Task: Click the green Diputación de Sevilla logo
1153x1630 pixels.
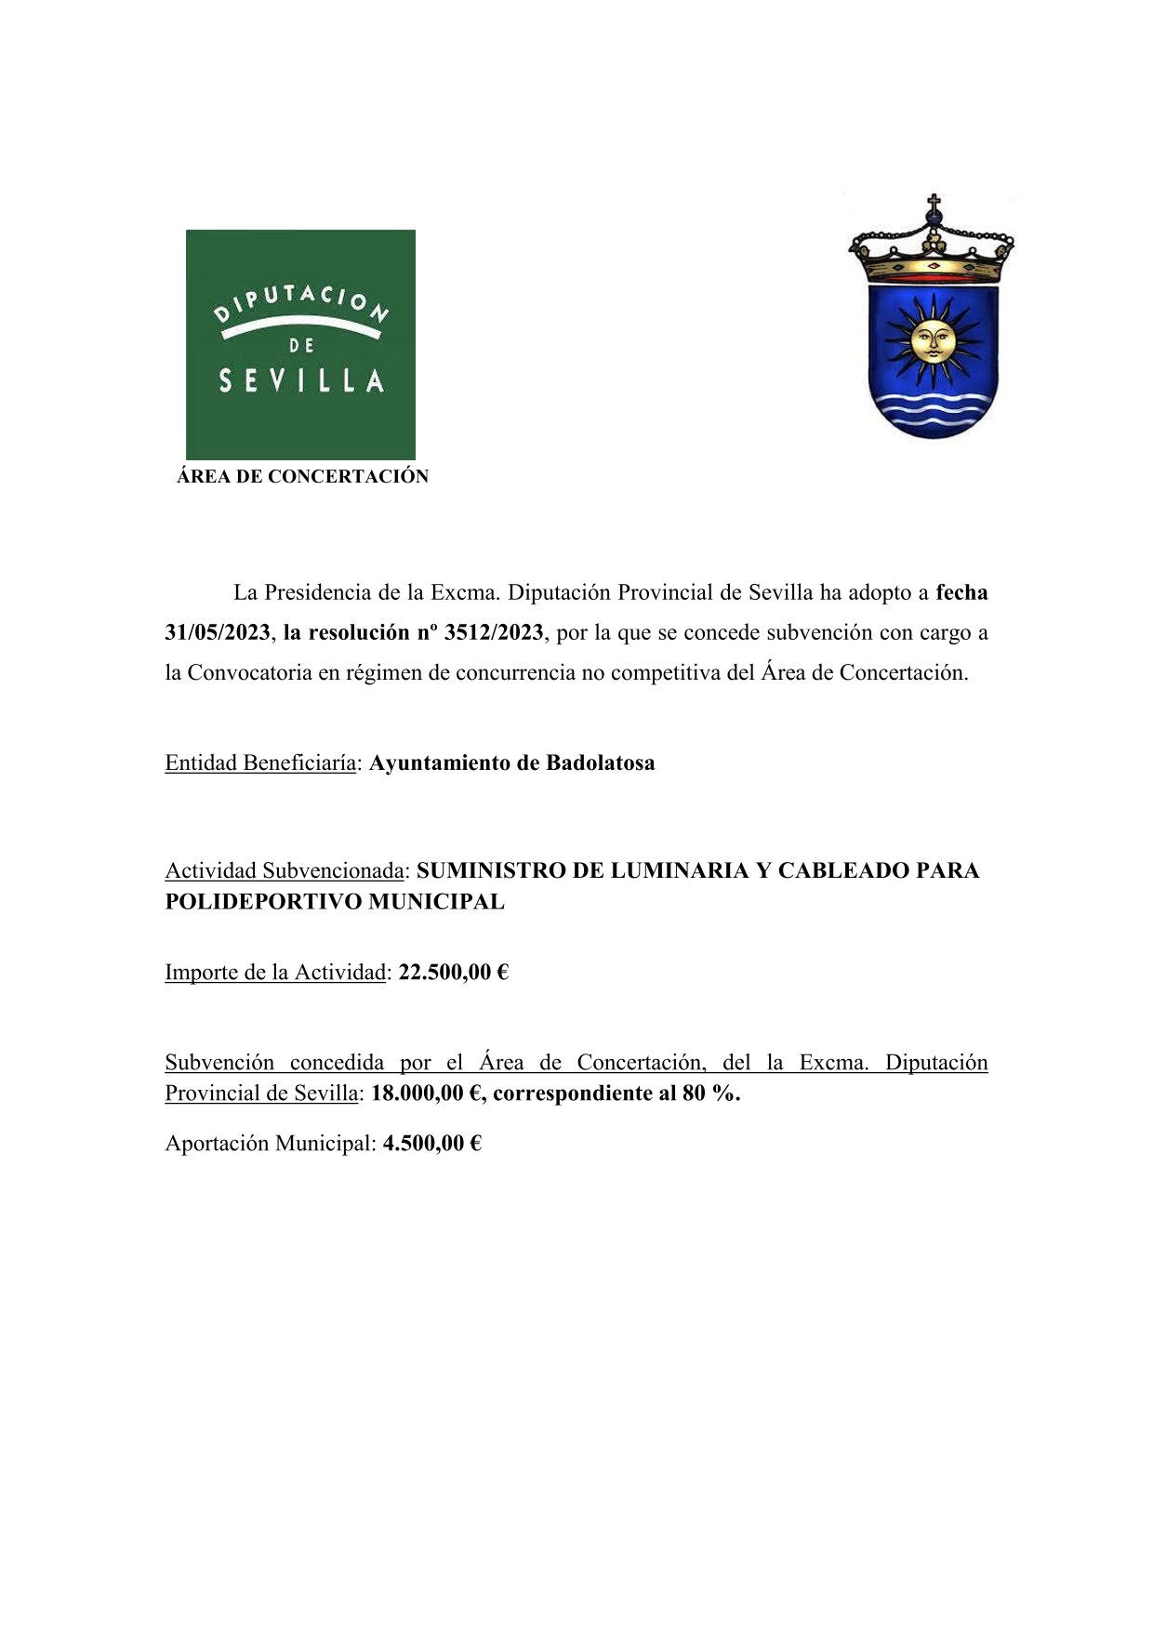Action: pyautogui.click(x=300, y=343)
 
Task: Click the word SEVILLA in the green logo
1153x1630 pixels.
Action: pyautogui.click(x=301, y=381)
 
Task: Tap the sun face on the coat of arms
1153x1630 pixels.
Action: pyautogui.click(x=931, y=339)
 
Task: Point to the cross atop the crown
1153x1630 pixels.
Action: pyautogui.click(x=934, y=204)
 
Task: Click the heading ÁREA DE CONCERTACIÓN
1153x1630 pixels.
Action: pyautogui.click(x=302, y=477)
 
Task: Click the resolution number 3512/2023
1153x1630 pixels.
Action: pyautogui.click(x=494, y=633)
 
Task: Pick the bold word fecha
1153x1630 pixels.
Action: pyautogui.click(x=961, y=592)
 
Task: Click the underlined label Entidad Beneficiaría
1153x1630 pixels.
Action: pyautogui.click(x=260, y=763)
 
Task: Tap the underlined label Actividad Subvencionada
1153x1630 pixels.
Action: pyautogui.click(x=285, y=871)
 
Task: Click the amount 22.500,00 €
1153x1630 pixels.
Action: pyautogui.click(x=454, y=973)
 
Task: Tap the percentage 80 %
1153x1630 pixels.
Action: pyautogui.click(x=710, y=1093)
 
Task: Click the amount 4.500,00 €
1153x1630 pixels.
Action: pyautogui.click(x=432, y=1144)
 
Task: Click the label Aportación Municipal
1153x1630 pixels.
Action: pyautogui.click(x=270, y=1144)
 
